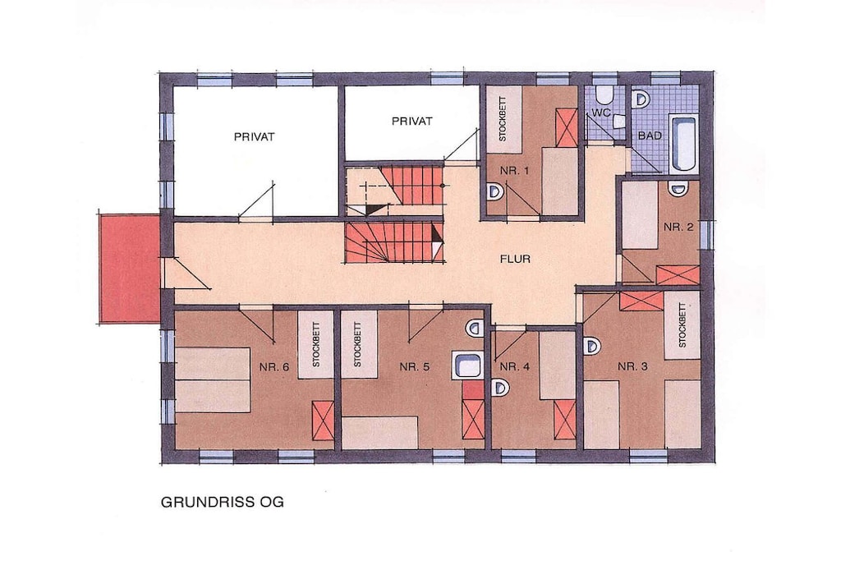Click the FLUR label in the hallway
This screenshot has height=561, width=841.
[515, 259]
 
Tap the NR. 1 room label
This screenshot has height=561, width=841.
[514, 171]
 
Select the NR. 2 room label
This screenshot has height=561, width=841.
[678, 227]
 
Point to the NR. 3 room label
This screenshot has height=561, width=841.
[632, 366]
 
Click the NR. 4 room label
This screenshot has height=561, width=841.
[514, 367]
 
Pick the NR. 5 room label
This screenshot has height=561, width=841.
[415, 367]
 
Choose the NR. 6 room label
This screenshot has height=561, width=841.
[274, 367]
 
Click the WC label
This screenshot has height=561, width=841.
[601, 113]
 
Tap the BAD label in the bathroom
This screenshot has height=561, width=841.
[650, 136]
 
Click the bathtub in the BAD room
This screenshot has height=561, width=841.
[683, 143]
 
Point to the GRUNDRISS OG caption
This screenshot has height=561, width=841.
[222, 503]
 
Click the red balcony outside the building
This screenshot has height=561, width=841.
[129, 268]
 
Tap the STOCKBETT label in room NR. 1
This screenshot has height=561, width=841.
[503, 119]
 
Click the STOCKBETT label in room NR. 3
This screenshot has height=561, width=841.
[682, 325]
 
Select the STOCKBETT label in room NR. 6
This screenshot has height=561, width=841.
[315, 344]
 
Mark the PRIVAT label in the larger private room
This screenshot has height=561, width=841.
[255, 137]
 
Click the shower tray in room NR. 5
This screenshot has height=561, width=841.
[468, 366]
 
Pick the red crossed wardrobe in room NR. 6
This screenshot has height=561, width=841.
[323, 420]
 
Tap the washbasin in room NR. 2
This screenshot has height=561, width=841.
[678, 188]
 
